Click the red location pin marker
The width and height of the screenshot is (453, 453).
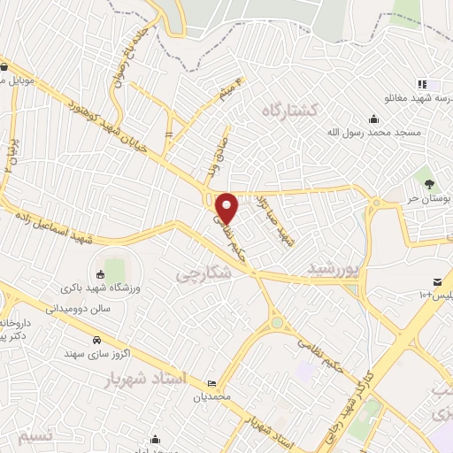[227, 207]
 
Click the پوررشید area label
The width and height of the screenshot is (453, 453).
[337, 267]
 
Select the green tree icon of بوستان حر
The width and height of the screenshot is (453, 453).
[429, 183]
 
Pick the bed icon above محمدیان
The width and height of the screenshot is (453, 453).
[212, 382]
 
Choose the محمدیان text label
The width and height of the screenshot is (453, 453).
[212, 395]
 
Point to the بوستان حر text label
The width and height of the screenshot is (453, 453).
[434, 199]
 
